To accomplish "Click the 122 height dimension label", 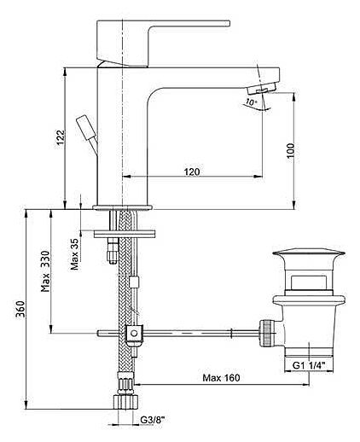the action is tap(61, 137).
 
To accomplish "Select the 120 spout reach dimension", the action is tap(192, 172).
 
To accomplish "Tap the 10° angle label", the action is tap(252, 102).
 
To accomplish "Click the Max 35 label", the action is tap(75, 254).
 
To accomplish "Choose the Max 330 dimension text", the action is tap(45, 271).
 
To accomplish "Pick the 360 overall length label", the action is tap(20, 310).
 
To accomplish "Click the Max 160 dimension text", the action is tap(221, 378).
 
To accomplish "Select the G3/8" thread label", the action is tap(153, 420).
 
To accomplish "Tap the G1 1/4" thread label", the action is tap(309, 365).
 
